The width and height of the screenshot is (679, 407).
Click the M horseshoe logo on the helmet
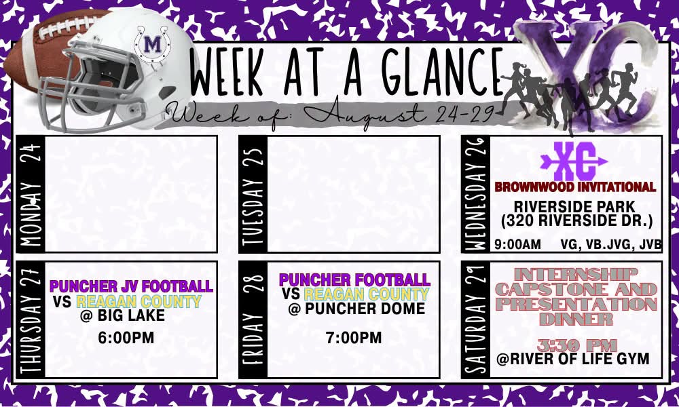point(151,43)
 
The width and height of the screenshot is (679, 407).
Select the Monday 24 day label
point(31,194)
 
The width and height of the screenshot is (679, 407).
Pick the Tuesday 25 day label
point(253,194)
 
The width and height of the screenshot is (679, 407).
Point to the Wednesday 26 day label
point(476,194)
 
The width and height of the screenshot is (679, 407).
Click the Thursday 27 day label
point(31,319)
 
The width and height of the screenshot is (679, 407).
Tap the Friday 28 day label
point(253,319)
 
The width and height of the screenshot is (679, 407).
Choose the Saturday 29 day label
point(476,319)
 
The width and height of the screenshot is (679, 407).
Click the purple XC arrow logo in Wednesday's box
point(574,161)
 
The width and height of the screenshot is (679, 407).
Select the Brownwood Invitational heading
point(575,187)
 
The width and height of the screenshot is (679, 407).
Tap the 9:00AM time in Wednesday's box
point(518,245)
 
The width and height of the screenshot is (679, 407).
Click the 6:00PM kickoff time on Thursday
point(126,338)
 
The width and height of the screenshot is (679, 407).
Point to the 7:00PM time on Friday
point(354,338)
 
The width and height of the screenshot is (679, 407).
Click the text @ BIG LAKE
point(122,315)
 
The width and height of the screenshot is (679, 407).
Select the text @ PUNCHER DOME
point(356,309)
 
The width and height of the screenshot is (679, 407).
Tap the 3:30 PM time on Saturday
point(576,345)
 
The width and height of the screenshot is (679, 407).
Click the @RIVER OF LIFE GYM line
point(573,359)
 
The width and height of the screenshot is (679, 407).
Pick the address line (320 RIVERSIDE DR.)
point(576,221)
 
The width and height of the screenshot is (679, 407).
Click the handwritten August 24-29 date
point(399,114)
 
